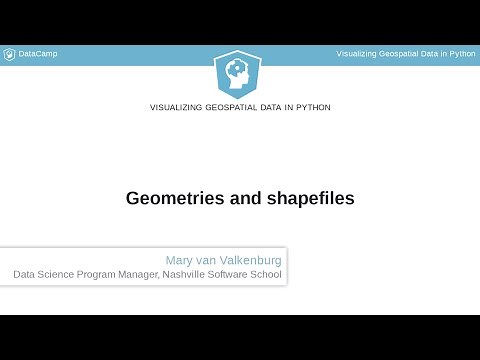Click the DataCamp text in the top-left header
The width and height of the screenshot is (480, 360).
(38, 53)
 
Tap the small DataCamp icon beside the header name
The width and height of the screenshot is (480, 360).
(10, 53)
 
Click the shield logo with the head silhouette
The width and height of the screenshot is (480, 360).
(239, 72)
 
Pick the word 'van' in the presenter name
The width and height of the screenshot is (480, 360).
(215, 260)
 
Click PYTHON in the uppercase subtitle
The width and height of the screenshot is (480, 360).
(312, 107)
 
